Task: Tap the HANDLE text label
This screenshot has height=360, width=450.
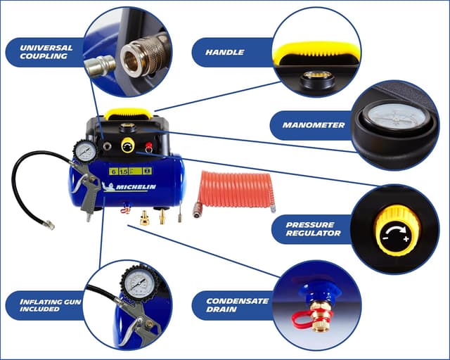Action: tap(225, 52)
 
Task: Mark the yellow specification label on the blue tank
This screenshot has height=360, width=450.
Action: tap(129, 170)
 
